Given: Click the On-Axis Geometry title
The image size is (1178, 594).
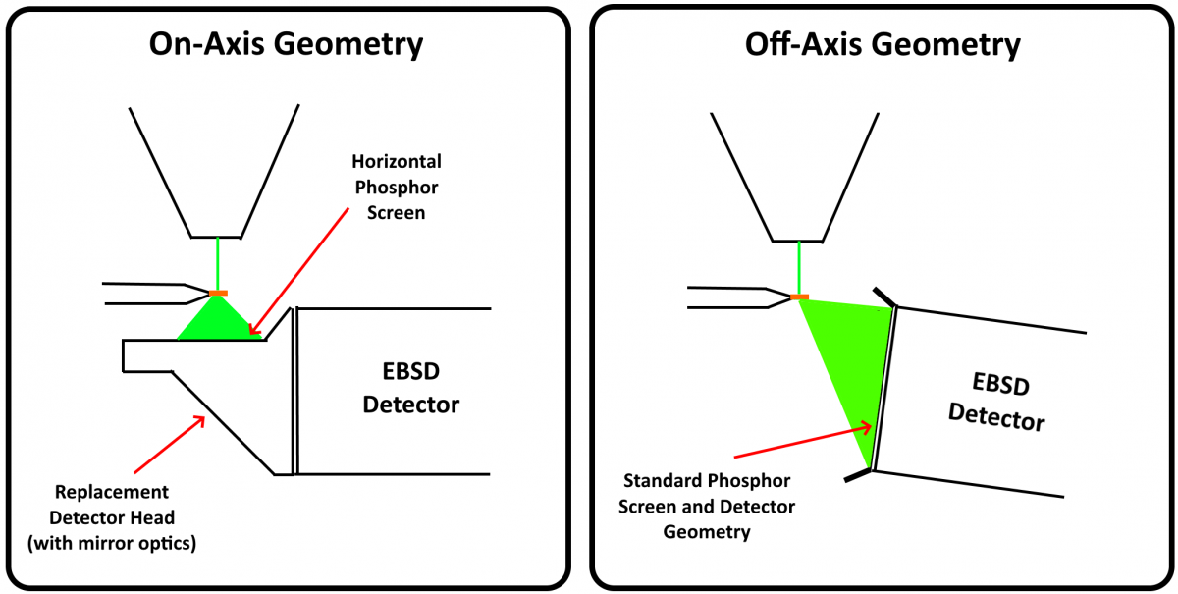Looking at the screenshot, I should (286, 44).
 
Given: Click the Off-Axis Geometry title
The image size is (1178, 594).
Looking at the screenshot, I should (883, 44).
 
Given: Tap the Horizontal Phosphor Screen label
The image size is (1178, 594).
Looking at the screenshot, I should (397, 187).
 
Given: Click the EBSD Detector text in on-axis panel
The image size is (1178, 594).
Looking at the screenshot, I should (411, 389).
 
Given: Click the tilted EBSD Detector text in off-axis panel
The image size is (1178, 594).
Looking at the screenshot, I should (994, 402).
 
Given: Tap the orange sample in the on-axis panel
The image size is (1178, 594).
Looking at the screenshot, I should (218, 294).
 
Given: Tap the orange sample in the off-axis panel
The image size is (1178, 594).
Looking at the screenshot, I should (799, 297).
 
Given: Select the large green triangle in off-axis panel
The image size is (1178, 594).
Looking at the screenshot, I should (849, 363).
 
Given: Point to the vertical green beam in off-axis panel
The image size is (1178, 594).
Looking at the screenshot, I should (799, 267).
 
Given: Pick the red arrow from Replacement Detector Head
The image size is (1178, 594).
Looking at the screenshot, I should (168, 443).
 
